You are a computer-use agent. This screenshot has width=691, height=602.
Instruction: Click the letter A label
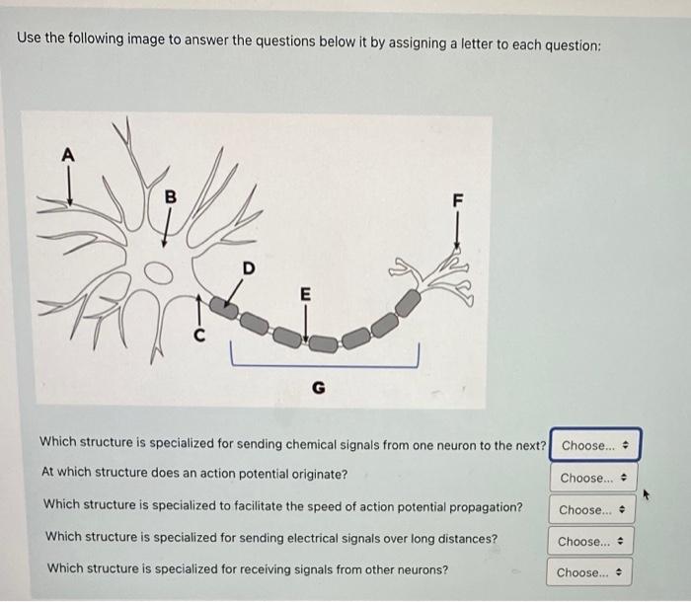coord(68,155)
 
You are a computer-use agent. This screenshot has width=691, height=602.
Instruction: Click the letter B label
coord(170,196)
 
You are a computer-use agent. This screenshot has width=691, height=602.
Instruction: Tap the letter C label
coord(199,336)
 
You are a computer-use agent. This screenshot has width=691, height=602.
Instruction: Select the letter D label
coord(249,268)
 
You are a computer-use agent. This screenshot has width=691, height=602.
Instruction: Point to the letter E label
coord(305,294)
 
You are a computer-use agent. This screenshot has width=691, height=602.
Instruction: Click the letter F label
coord(458,200)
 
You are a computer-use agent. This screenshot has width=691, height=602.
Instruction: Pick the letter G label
coord(319,388)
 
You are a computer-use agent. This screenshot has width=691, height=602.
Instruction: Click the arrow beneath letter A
coord(69,187)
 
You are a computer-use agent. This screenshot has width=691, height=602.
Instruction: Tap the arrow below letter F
coord(457,231)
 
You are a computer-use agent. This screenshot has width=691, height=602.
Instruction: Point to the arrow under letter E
coord(306,323)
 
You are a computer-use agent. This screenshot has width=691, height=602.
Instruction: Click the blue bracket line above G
coord(325,366)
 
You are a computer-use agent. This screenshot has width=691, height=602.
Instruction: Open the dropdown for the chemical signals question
coord(595,445)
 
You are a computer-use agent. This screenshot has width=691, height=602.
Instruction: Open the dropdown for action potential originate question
coord(593,478)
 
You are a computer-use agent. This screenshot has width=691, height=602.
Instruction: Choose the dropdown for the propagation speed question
coord(592,510)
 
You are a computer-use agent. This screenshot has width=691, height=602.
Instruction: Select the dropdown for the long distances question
coord(590,541)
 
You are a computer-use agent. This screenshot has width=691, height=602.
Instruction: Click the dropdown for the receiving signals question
coord(589,572)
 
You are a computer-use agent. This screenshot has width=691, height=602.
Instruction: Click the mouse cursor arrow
coord(646,494)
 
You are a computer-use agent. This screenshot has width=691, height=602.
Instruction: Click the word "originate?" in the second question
coord(320,475)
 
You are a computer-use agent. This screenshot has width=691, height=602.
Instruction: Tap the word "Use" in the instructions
coord(29,38)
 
